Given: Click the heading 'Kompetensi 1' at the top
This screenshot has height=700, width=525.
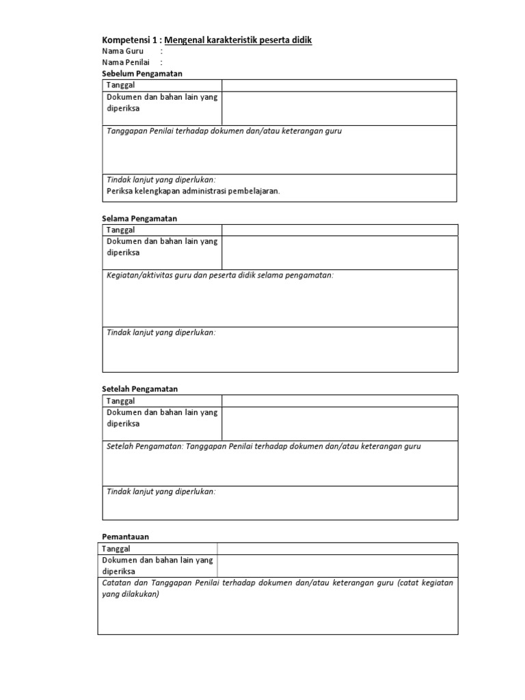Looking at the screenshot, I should tap(129, 40).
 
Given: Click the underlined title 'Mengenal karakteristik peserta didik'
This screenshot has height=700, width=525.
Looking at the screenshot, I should tap(238, 40).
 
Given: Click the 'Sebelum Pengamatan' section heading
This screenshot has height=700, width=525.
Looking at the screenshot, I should tap(142, 73).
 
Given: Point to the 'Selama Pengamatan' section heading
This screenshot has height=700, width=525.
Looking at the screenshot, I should tap(139, 218).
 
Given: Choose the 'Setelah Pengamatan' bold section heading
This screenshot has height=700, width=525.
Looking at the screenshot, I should tap(139, 388).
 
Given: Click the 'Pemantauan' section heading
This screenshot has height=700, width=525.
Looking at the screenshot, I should tap(125, 537).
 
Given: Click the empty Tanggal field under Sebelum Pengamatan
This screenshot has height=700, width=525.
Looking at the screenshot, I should tap(339, 85).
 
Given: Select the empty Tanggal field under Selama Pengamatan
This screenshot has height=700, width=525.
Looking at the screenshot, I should tap(339, 230).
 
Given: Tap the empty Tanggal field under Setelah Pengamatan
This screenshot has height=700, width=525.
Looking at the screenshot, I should tap(339, 401).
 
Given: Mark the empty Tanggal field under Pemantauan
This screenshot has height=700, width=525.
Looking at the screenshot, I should tap(337, 548).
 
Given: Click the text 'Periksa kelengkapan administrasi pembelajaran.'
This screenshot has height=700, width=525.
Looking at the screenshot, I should tap(193, 191).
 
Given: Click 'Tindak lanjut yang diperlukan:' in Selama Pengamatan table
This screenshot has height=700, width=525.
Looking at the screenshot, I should tap(161, 332).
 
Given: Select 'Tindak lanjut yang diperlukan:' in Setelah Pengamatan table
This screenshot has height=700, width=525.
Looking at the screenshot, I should tap(161, 492).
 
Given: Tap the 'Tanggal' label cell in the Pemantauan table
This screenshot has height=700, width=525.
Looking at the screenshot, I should tap(116, 548).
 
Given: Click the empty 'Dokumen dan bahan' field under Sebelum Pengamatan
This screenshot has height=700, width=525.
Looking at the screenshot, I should tap(339, 109).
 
